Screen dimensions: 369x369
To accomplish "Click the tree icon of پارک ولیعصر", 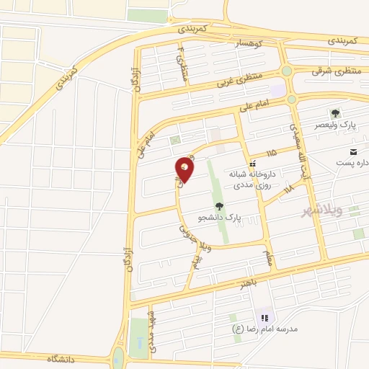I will point(334,113).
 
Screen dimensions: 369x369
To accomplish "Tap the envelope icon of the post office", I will point(353,151).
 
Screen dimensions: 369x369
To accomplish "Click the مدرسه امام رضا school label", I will point(264,329).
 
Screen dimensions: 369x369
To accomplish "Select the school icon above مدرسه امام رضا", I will point(264,317).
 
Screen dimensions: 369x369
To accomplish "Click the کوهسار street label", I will point(248,44).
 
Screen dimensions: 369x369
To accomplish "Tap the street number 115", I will point(271,153).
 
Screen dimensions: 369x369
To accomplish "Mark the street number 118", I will point(289,189).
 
